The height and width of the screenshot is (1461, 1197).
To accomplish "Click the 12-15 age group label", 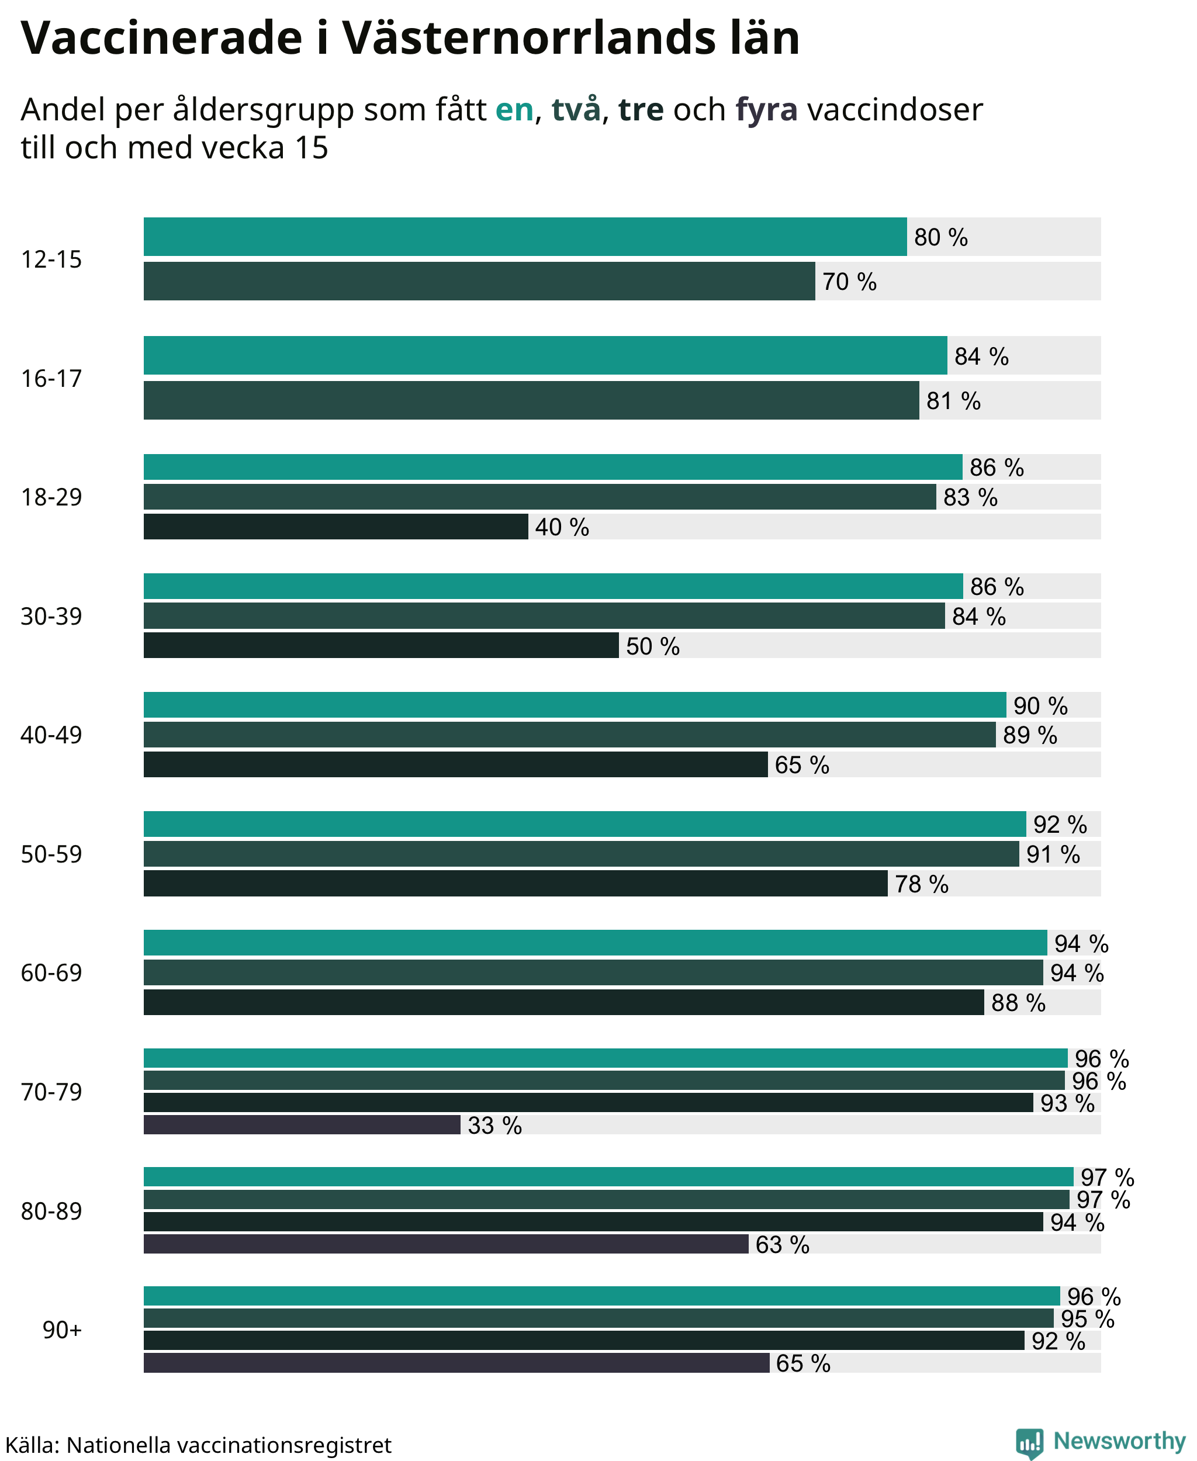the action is (x=51, y=259).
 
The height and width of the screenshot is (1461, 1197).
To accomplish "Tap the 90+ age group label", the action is (x=62, y=1330).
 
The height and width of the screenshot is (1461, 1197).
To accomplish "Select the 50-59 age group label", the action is (x=51, y=854).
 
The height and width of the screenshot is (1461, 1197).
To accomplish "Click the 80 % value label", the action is (x=940, y=237).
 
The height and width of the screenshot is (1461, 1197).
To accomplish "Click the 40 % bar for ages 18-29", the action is (x=336, y=527).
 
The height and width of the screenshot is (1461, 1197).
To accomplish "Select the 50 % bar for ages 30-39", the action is (x=381, y=645).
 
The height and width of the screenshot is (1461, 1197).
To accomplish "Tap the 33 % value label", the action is (x=494, y=1125).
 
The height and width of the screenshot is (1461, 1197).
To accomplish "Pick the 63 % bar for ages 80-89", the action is (x=446, y=1244).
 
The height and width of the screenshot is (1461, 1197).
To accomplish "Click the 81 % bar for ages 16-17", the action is (x=531, y=400).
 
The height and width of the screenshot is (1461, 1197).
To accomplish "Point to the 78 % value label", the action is (x=921, y=884).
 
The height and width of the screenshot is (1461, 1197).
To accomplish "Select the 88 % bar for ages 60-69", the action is (x=563, y=1002).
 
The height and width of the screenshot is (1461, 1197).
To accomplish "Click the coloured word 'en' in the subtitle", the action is (x=514, y=110).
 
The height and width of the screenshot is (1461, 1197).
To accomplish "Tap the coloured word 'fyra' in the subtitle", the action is (x=767, y=110).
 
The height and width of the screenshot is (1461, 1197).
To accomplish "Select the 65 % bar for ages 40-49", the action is (x=456, y=764).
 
